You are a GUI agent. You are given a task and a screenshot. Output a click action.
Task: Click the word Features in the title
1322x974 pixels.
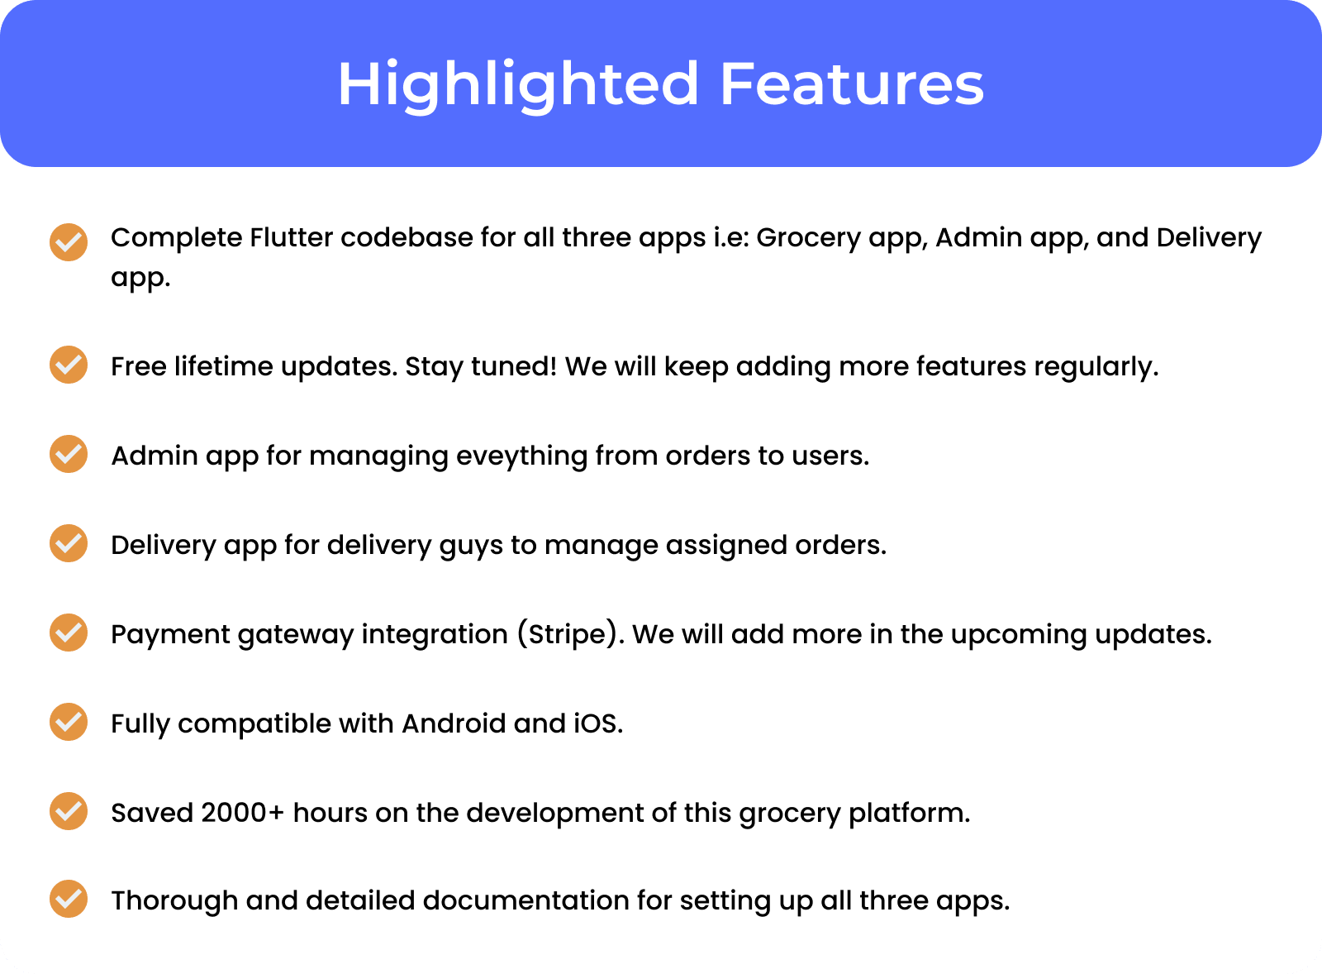pos(852,84)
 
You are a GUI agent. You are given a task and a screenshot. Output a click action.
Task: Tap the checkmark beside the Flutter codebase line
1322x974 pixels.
pos(69,242)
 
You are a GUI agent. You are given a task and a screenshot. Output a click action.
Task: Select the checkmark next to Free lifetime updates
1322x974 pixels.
pos(69,365)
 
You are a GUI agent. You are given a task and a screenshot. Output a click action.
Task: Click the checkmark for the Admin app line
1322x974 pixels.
pos(69,454)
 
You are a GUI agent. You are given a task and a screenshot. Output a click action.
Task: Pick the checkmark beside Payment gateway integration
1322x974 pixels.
pos(69,633)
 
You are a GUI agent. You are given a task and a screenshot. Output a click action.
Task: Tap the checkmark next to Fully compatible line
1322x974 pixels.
pos(69,722)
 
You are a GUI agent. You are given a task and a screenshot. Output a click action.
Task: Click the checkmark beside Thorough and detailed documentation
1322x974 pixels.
pos(69,899)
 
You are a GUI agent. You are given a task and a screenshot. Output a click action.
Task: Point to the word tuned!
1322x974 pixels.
pos(514,367)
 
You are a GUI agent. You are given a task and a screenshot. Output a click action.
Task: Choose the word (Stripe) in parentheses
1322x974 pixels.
pos(567,634)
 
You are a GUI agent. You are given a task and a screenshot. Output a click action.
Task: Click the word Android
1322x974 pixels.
pos(454,723)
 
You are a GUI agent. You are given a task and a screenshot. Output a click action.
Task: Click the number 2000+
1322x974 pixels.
pos(243,814)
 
